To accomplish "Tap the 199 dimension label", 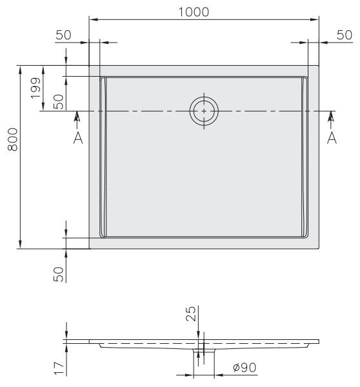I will (35, 81).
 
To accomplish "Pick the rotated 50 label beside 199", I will (58, 101).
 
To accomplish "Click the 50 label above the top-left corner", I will (63, 35).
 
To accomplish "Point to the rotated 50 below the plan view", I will (58, 273).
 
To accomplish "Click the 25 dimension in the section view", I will (191, 314).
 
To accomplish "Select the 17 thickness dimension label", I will (58, 368).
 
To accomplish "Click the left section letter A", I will (78, 138).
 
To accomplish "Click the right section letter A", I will (332, 138).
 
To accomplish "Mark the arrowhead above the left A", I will (78, 116).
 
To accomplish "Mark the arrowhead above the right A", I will (332, 116).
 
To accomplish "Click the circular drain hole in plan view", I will (204, 111).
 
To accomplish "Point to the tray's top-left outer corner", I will (89, 66).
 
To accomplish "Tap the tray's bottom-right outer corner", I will (319, 248).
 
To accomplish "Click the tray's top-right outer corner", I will (319, 66).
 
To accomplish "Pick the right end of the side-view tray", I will (318, 341).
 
